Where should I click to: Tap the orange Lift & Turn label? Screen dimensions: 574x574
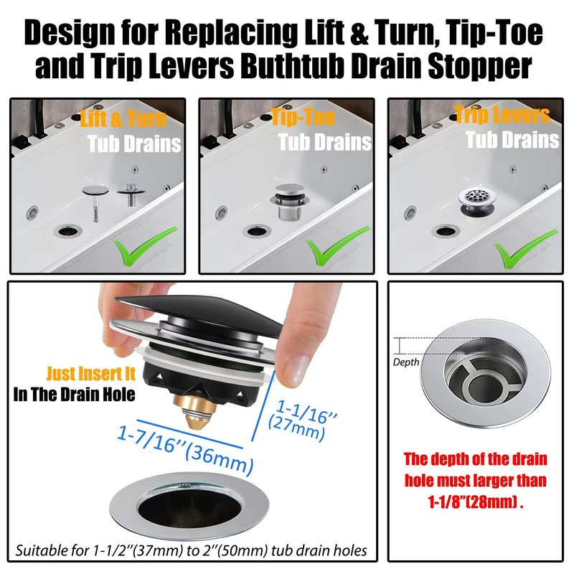pyautogui.click(x=123, y=118)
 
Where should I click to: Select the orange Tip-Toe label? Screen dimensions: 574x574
pyautogui.click(x=303, y=117)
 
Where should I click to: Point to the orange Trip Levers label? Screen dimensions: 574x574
pyautogui.click(x=502, y=114)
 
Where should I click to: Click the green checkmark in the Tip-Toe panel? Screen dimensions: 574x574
pyautogui.click(x=337, y=246)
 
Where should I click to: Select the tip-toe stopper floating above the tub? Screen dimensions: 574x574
pyautogui.click(x=290, y=201)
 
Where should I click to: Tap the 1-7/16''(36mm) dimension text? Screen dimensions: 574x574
pyautogui.click(x=185, y=451)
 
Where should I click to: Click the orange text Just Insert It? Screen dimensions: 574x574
pyautogui.click(x=91, y=374)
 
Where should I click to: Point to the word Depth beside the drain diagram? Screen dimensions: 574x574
pyautogui.click(x=406, y=362)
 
